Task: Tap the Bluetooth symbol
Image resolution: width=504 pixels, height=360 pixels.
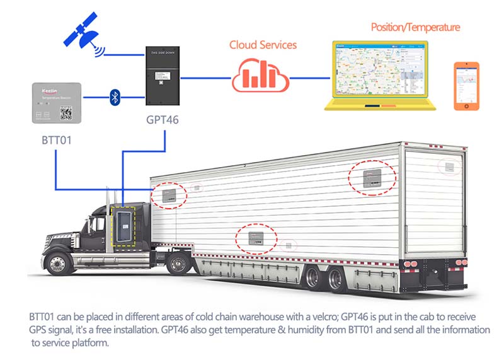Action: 115,96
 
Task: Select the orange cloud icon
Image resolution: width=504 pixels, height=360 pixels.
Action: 260,76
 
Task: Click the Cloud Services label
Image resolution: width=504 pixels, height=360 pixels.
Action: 263,45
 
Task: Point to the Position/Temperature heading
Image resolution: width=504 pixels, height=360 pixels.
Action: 415,27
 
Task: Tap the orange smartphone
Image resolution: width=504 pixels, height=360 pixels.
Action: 466,86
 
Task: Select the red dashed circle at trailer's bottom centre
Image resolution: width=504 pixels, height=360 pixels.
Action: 257,238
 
